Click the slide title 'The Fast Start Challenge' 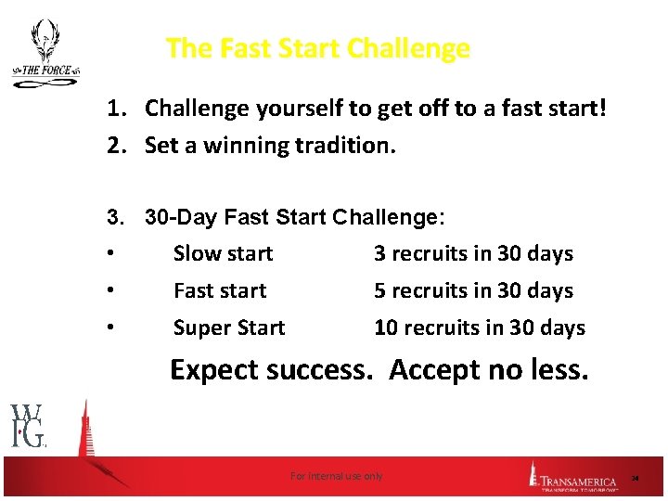[317, 48]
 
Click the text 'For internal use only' [336, 476]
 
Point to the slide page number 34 [636, 478]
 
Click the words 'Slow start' [223, 253]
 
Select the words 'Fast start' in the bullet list [220, 290]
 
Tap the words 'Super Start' [229, 328]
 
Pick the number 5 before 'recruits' [379, 290]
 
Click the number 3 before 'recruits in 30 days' [379, 253]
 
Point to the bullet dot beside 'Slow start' [110, 253]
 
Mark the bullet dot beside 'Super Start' [110, 328]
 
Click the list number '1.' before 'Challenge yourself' [115, 109]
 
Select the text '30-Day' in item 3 [181, 217]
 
